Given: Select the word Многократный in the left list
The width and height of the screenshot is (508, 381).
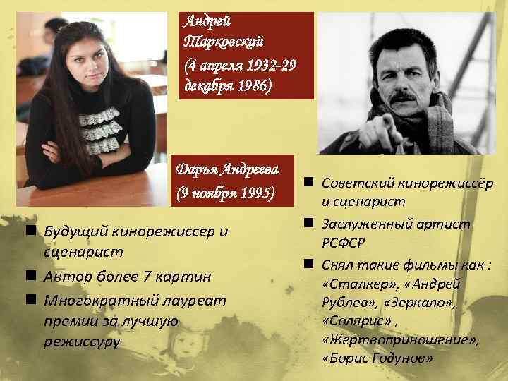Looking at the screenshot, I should (91, 301).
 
